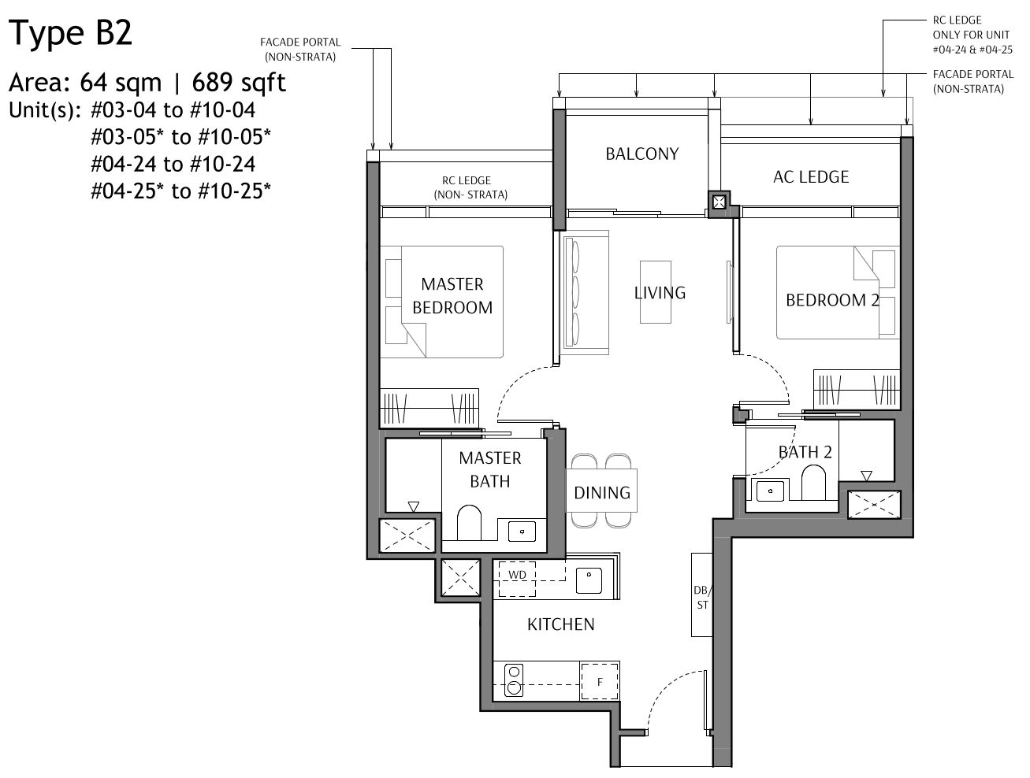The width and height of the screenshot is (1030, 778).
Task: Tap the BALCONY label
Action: (641, 154)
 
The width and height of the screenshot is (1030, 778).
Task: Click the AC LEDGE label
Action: (810, 176)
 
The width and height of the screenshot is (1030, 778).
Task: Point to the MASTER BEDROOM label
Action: (452, 295)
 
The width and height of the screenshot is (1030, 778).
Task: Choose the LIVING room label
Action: (660, 293)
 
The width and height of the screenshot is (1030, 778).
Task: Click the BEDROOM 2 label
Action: (831, 300)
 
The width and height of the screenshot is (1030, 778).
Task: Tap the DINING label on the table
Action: (601, 493)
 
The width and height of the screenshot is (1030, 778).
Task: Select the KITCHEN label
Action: (560, 624)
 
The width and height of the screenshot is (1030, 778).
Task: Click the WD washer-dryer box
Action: (517, 575)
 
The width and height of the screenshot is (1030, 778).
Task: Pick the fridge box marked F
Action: (600, 682)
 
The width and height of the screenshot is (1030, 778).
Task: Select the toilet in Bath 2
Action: (812, 482)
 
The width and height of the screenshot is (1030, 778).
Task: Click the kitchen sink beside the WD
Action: (589, 580)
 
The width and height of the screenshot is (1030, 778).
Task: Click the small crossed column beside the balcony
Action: (719, 202)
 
